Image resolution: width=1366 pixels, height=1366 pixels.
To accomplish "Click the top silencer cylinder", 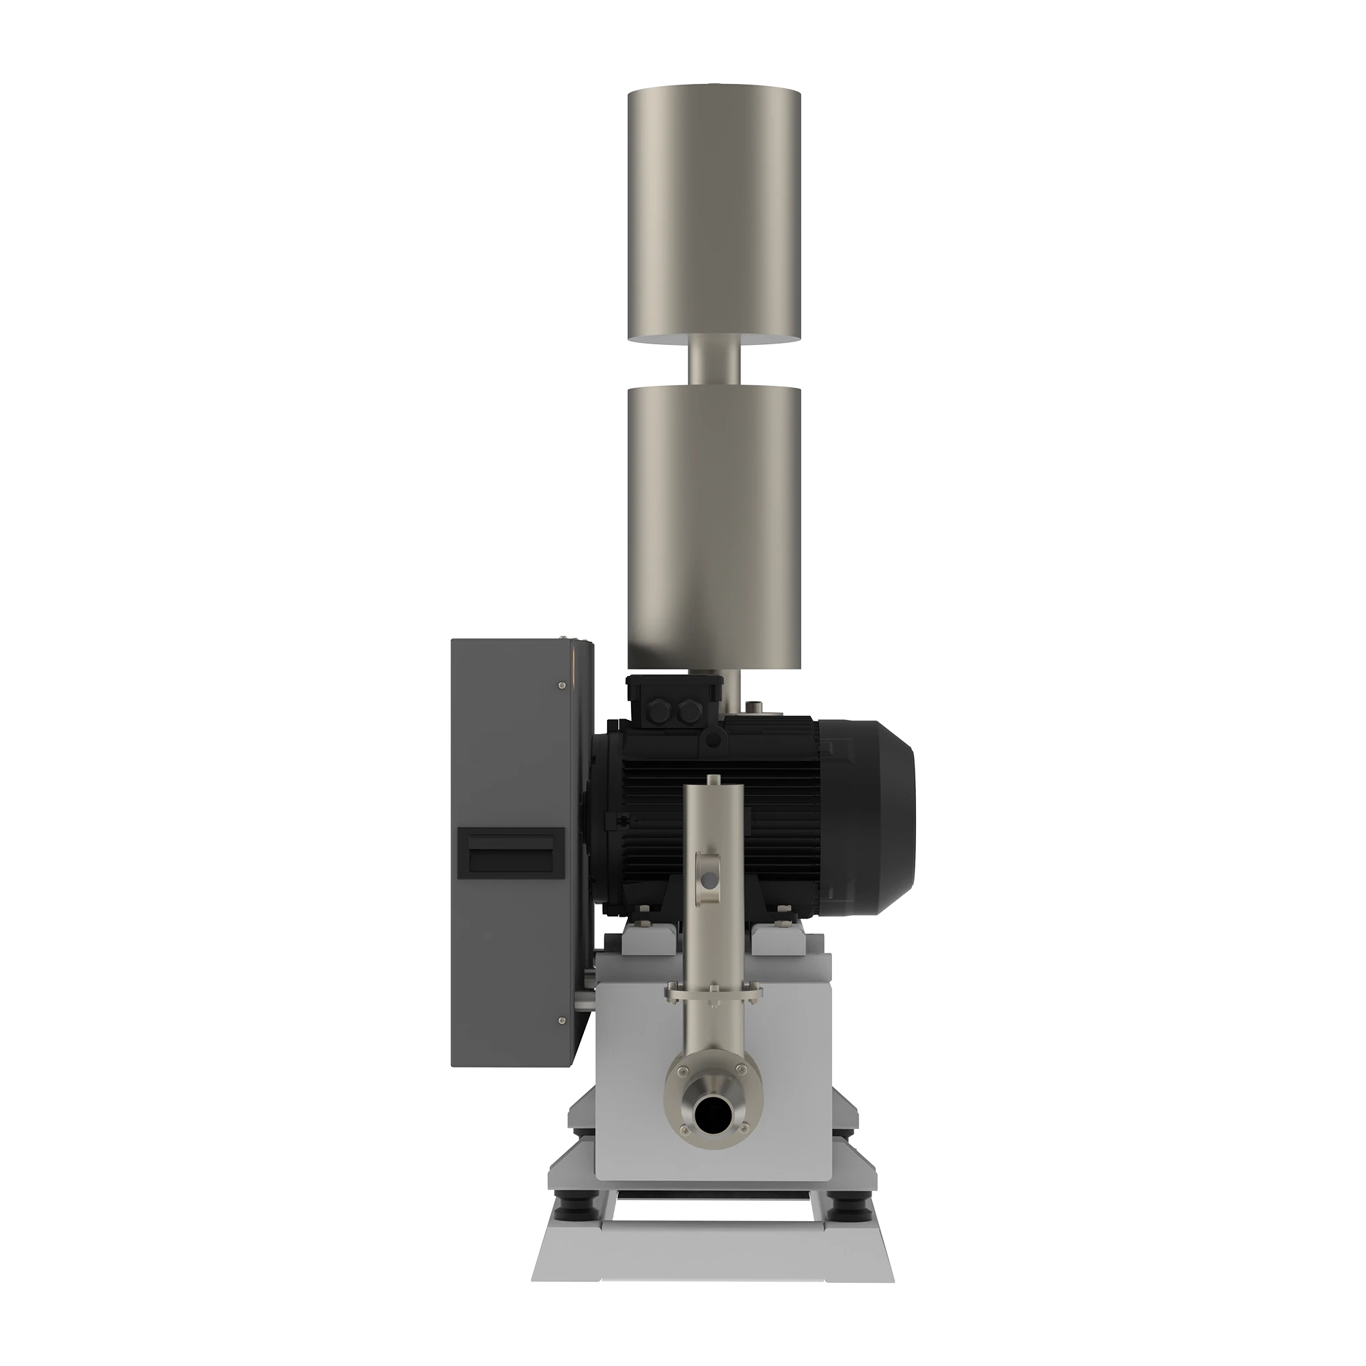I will [x=712, y=216].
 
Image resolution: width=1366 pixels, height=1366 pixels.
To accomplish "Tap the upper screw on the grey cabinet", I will [x=561, y=684].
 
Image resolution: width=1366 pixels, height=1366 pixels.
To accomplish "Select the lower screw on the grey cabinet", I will [x=561, y=1020].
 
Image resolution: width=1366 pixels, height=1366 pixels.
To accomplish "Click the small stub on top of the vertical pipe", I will [x=712, y=779].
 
